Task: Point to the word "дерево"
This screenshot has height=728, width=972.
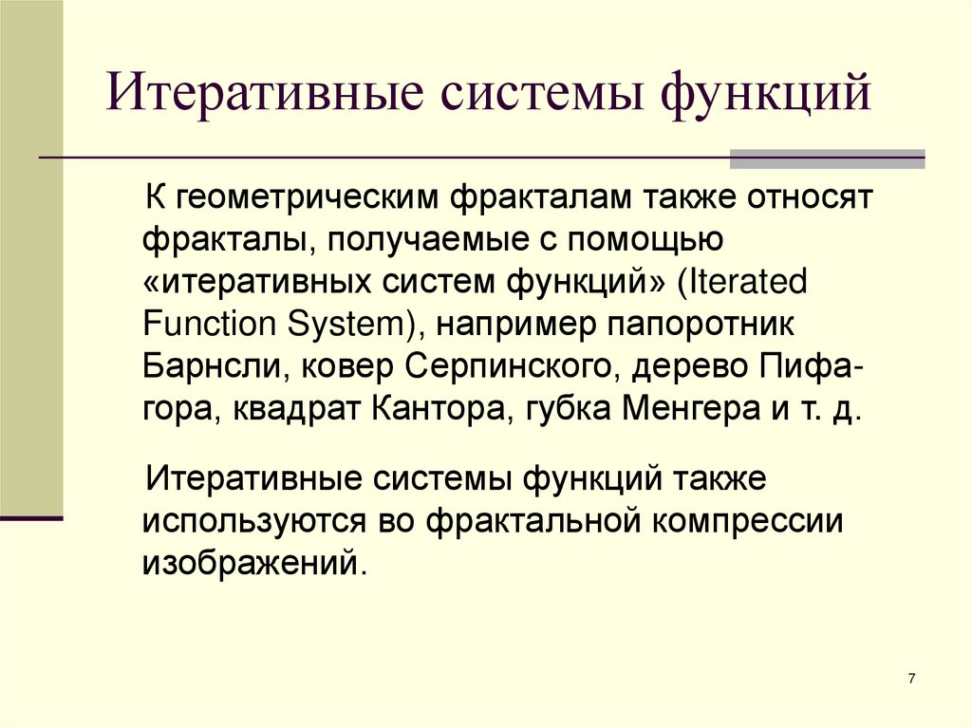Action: [x=680, y=365]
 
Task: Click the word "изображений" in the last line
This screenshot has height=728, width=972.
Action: [x=251, y=562]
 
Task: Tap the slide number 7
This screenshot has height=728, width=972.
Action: [x=911, y=678]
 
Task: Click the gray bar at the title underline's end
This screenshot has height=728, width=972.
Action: [x=826, y=158]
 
